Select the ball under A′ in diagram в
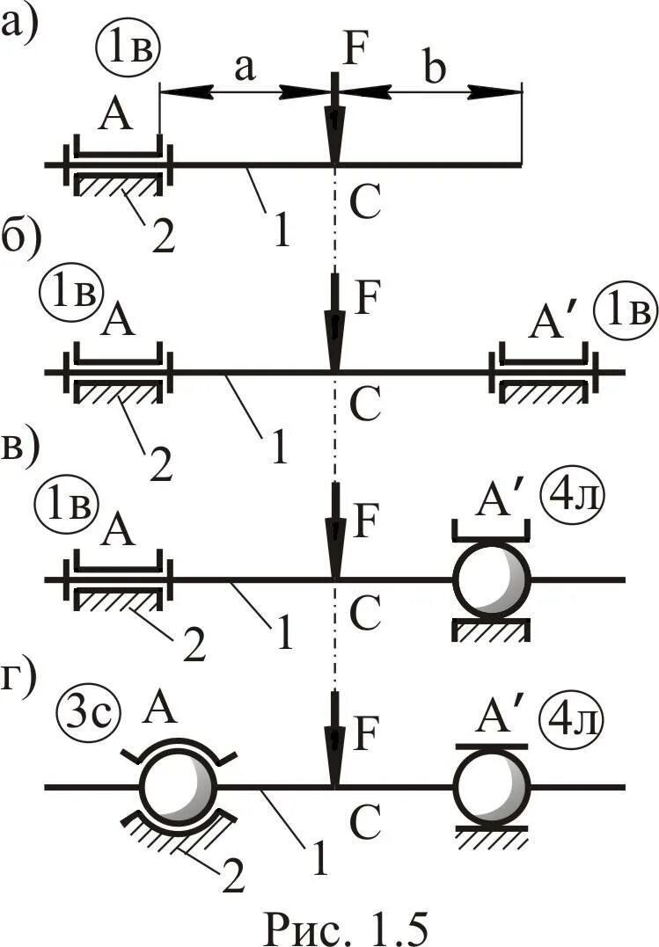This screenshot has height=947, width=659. pyautogui.click(x=492, y=579)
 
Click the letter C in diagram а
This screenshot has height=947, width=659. pyautogui.click(x=363, y=203)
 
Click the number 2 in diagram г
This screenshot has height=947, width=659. pyautogui.click(x=231, y=878)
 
